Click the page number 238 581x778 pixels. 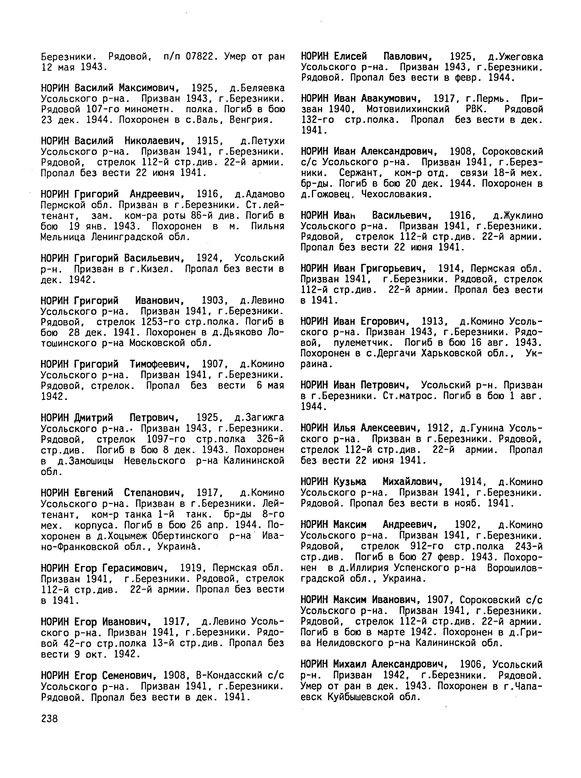tap(49, 719)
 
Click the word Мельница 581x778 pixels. tap(63, 237)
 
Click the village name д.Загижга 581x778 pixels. tap(259, 418)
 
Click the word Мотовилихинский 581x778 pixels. tap(408, 109)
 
